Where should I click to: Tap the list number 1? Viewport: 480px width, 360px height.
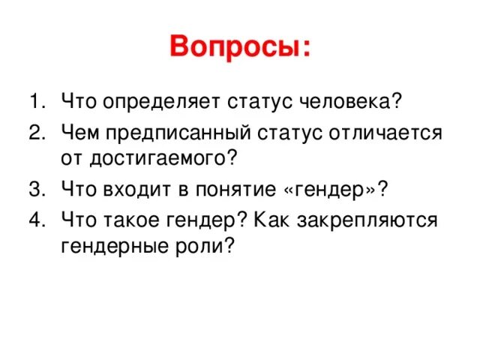36,100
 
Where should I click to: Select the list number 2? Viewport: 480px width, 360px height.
36,132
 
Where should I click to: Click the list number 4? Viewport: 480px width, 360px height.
36,221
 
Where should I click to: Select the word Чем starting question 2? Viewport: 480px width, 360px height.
80,133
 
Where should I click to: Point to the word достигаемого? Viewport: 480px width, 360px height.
167,157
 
